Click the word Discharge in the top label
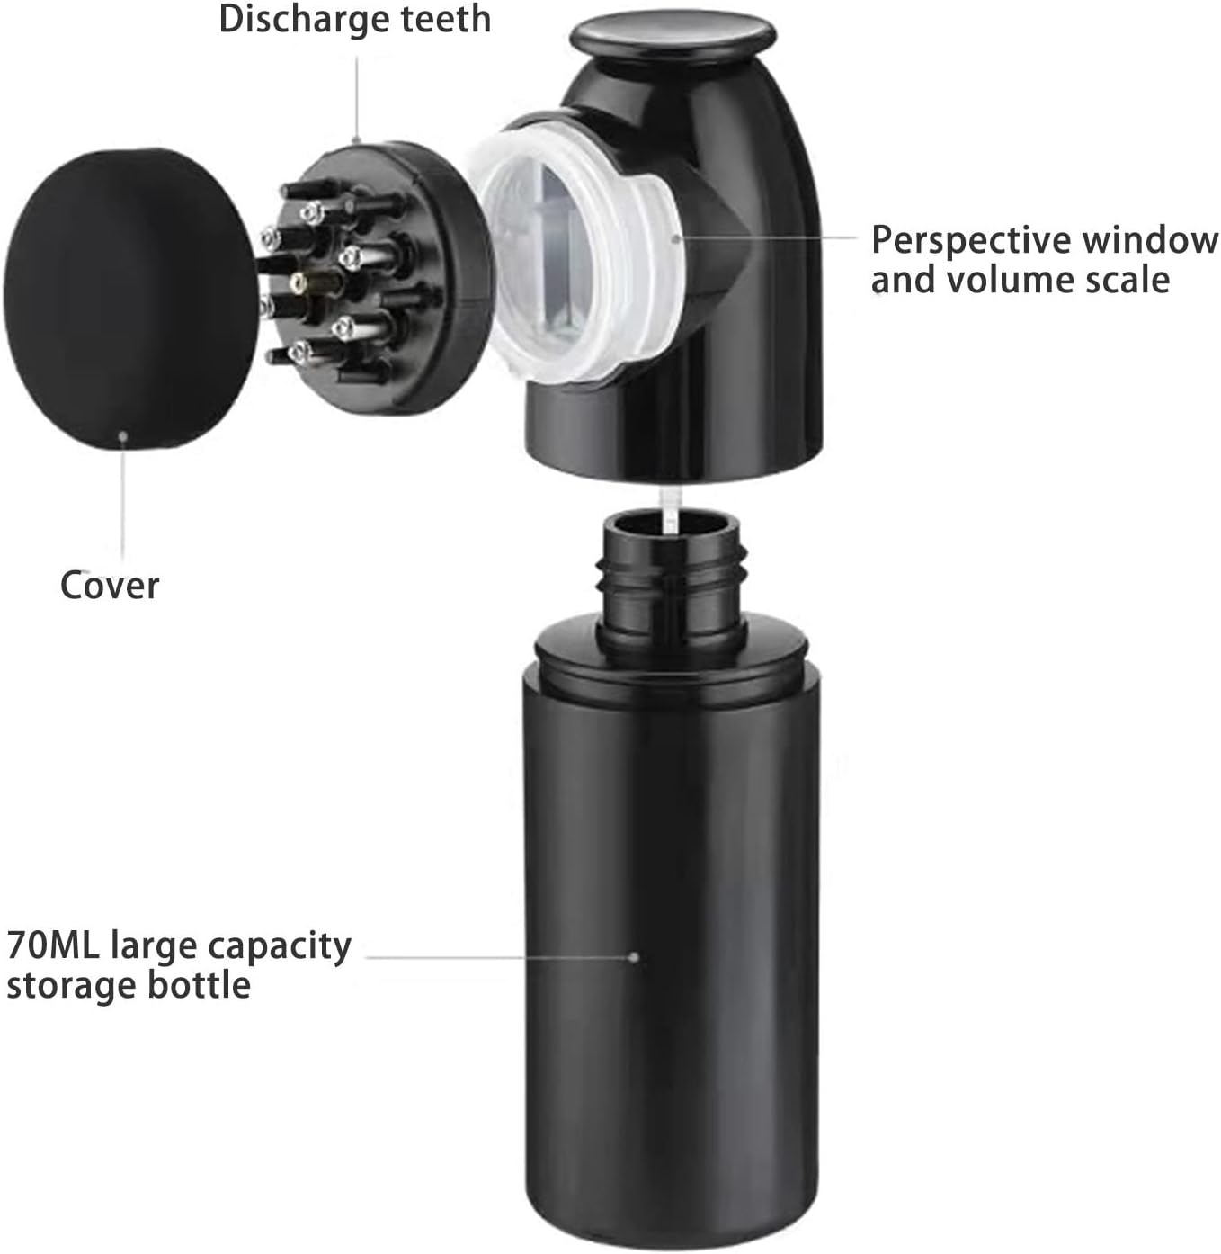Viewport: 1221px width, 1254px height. [x=305, y=19]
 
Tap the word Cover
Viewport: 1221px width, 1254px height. [x=110, y=585]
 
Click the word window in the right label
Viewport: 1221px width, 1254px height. [x=1150, y=240]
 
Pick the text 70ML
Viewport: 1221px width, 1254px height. [x=53, y=946]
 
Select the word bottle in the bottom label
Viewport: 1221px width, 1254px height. [x=199, y=984]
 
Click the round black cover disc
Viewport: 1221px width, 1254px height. [x=129, y=300]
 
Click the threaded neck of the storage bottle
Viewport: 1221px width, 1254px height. [x=673, y=580]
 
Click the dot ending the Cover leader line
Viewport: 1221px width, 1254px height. [x=123, y=436]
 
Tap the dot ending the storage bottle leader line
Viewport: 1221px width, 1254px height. [x=634, y=957]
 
